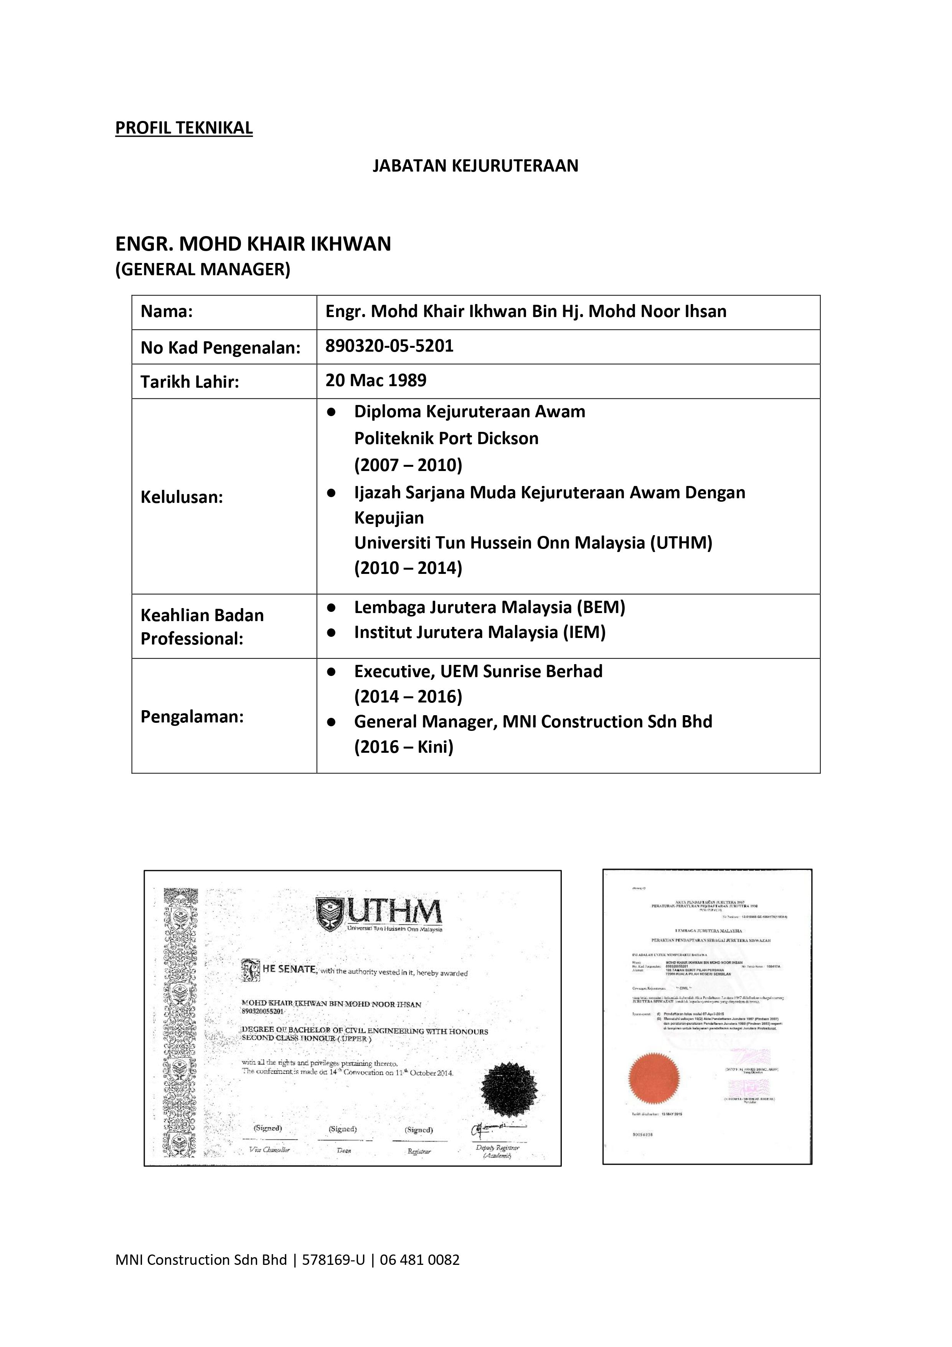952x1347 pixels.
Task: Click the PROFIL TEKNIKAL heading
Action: tap(183, 128)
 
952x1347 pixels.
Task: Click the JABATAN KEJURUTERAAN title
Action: tap(475, 166)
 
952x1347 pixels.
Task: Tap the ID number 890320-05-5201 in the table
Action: tap(389, 345)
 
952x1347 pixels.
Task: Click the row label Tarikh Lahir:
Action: tap(190, 382)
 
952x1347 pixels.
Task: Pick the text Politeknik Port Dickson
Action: tap(446, 438)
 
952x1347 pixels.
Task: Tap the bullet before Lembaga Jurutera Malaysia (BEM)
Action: tap(332, 607)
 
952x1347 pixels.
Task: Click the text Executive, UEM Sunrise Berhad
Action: tap(478, 671)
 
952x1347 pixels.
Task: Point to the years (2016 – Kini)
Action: tap(404, 747)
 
